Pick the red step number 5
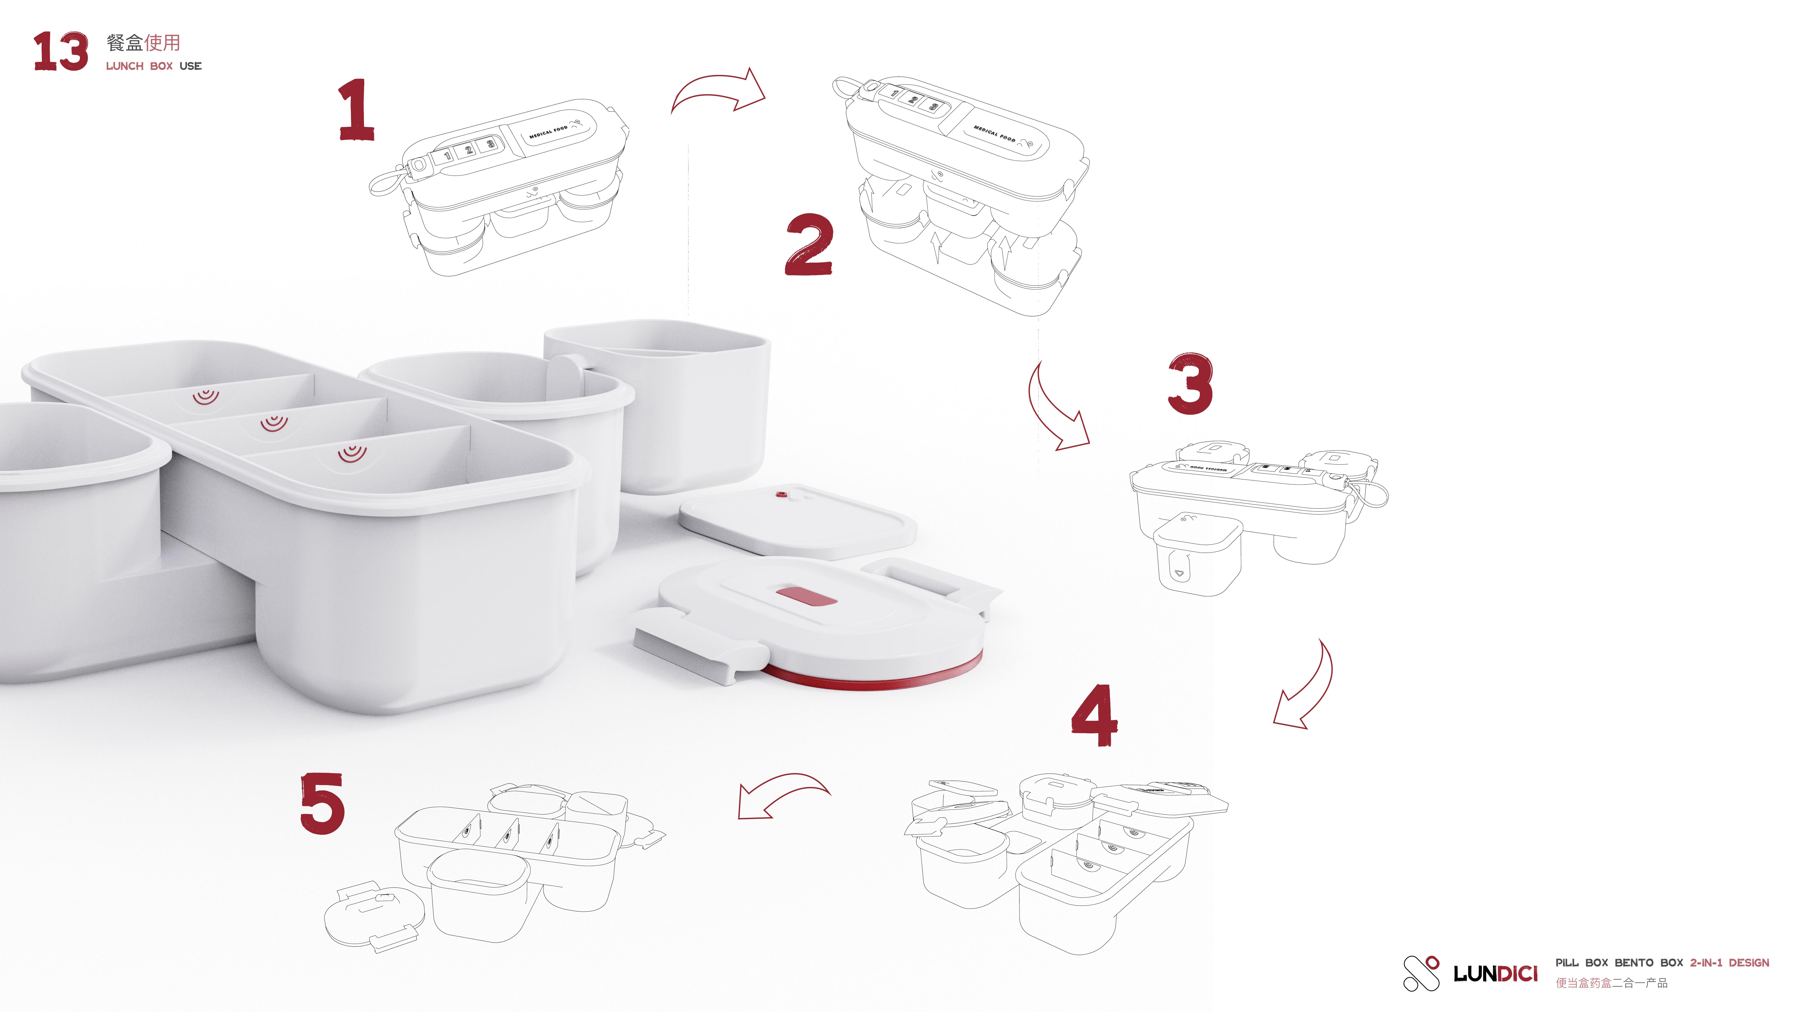pos(323,803)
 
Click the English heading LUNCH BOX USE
pos(154,66)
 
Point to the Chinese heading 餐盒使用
pos(143,43)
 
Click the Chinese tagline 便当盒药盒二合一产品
pos(1611,983)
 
